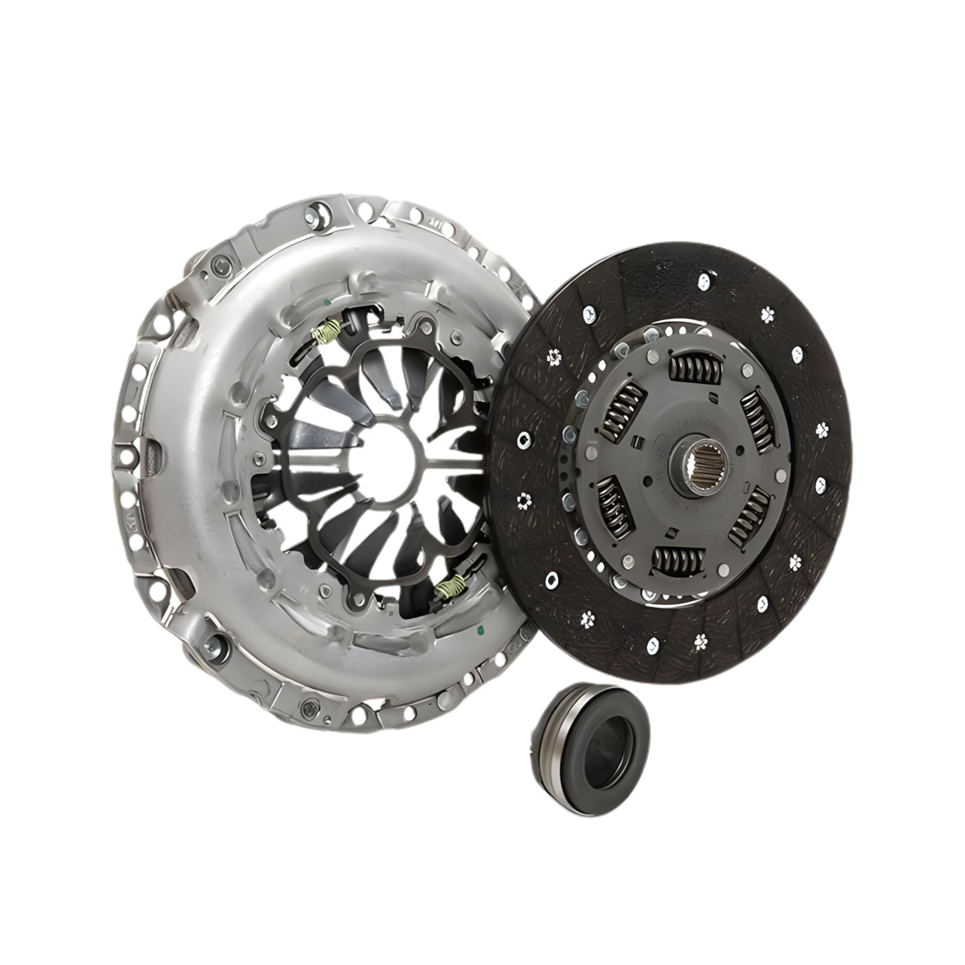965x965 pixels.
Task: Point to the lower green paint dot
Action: pos(481,628)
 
